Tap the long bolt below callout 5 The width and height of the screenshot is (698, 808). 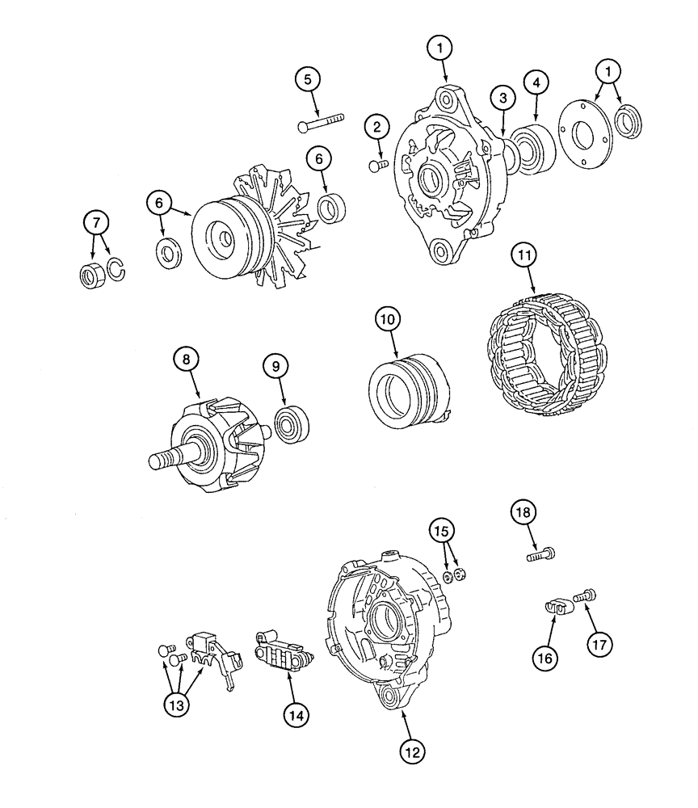321,123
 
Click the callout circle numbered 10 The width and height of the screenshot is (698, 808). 387,321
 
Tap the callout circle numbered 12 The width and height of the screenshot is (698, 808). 413,751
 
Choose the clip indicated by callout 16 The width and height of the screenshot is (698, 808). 554,605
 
